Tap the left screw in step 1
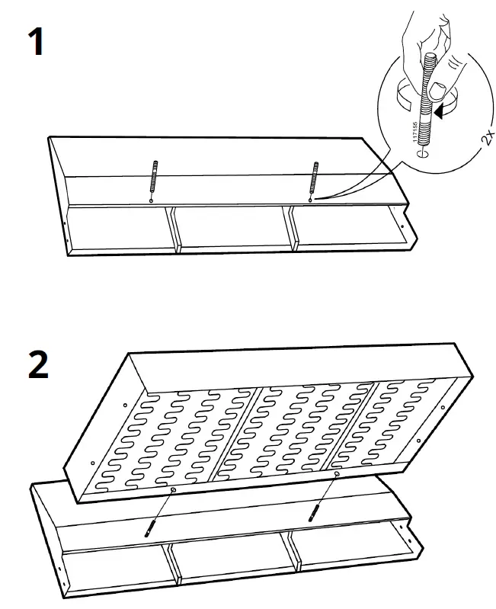point(154,182)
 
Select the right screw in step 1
point(312,181)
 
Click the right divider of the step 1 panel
point(290,227)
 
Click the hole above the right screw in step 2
point(336,474)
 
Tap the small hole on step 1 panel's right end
point(401,225)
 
